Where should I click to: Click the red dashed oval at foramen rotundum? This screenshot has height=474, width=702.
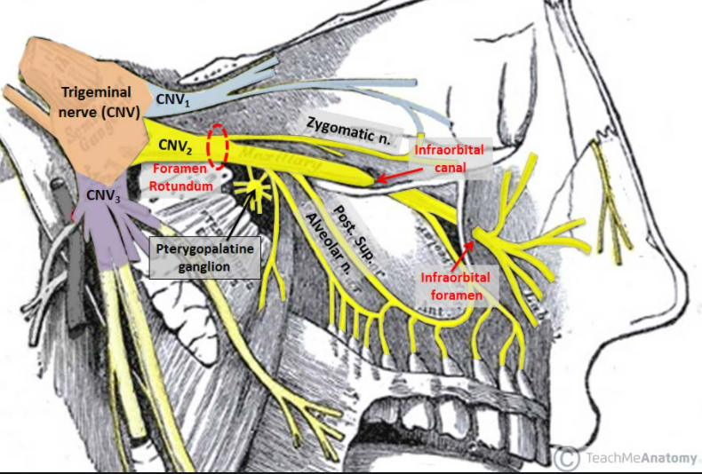pyautogui.click(x=218, y=146)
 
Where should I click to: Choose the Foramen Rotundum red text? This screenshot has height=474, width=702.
pyautogui.click(x=180, y=178)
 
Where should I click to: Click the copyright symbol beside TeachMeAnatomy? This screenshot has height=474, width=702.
pyautogui.click(x=566, y=458)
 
